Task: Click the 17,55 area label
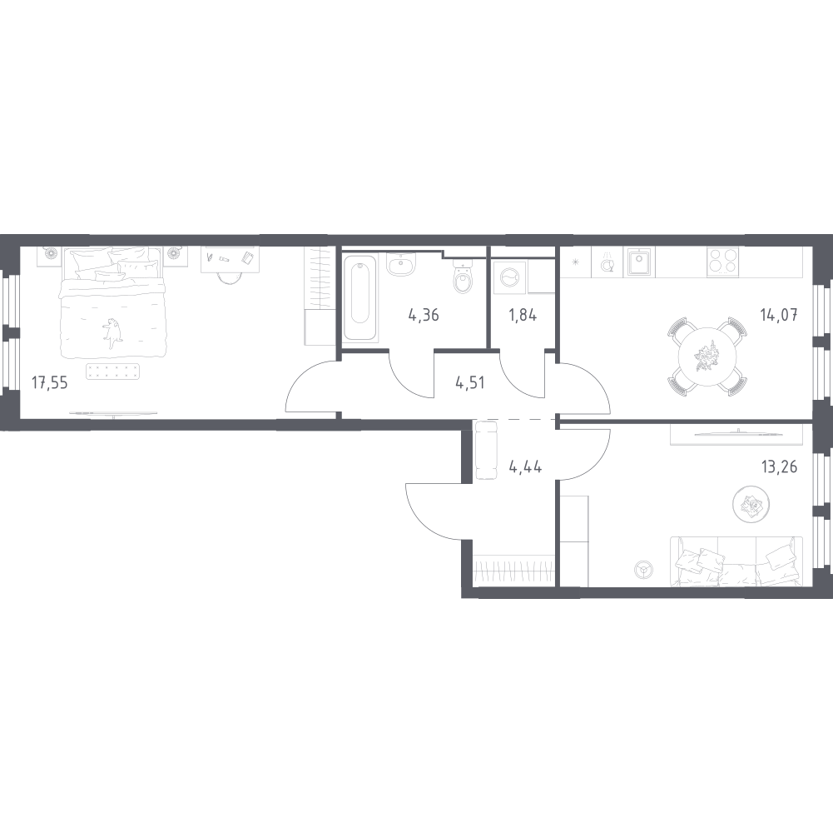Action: point(49,382)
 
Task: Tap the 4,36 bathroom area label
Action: point(424,316)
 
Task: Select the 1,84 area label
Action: point(523,316)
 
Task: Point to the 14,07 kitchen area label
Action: point(779,316)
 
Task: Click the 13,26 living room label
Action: point(780,467)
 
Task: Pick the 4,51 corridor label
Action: point(470,382)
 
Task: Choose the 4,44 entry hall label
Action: point(525,467)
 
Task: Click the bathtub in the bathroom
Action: point(359,298)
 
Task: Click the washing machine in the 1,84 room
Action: point(510,277)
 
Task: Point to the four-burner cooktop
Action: point(722,262)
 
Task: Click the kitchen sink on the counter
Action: point(639,262)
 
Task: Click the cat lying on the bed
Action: point(112,333)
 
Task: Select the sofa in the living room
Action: point(736,561)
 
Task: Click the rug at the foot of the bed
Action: point(112,372)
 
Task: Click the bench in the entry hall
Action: point(486,450)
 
